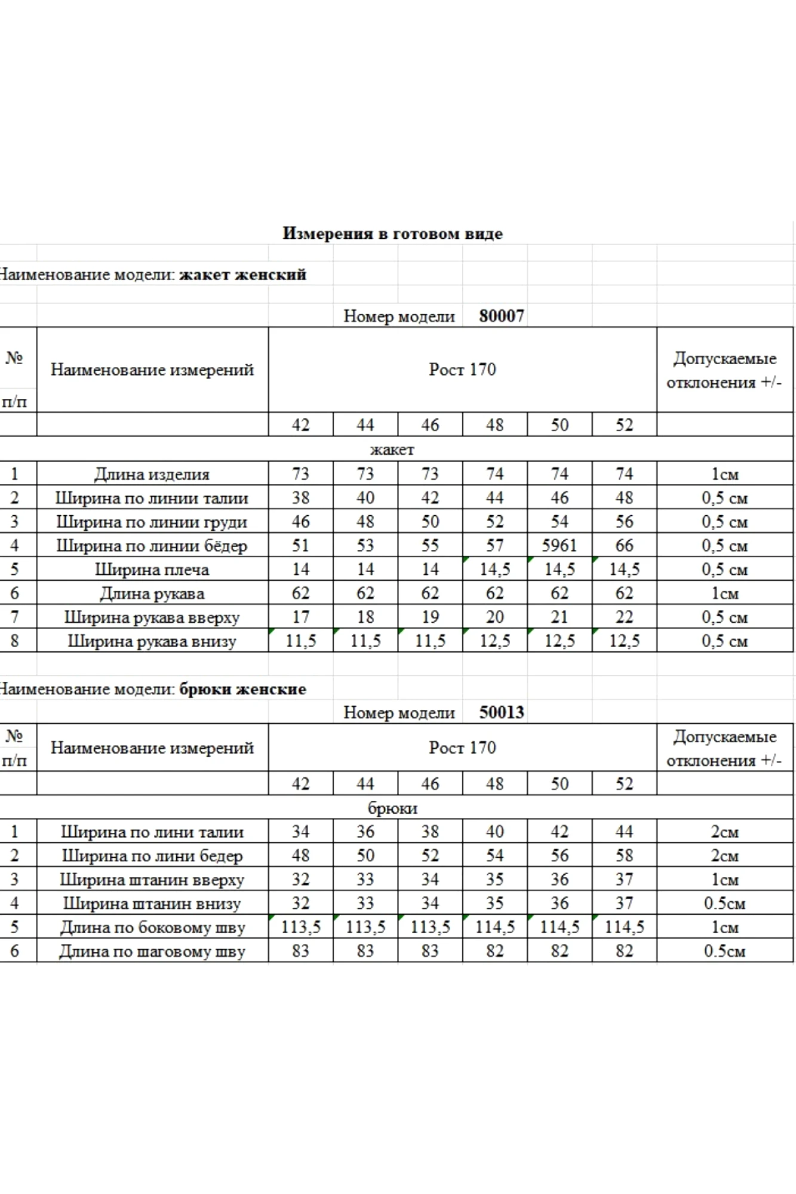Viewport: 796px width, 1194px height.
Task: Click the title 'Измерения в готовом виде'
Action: click(392, 233)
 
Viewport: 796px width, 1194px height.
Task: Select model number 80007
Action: click(502, 316)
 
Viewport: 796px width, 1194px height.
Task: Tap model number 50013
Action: click(502, 712)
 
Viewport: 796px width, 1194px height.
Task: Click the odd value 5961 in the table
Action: click(560, 546)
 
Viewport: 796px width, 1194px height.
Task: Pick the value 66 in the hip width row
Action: click(624, 546)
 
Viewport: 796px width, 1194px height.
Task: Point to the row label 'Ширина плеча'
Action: click(152, 570)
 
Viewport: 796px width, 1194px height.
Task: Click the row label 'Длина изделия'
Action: click(152, 474)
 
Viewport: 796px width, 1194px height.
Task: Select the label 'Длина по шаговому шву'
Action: click(152, 951)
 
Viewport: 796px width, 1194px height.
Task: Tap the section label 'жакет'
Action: click(392, 450)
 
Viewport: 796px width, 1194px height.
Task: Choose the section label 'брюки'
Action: click(392, 808)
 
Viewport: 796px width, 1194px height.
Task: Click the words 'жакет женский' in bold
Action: click(242, 275)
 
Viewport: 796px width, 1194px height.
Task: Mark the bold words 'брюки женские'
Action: click(242, 689)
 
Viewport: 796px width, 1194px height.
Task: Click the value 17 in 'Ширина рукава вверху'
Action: click(300, 617)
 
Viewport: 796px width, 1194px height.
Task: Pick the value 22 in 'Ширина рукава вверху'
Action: click(624, 617)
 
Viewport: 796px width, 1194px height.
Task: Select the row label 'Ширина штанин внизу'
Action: click(152, 903)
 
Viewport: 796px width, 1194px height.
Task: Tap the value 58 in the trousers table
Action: click(624, 856)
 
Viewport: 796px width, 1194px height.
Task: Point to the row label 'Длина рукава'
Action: click(152, 593)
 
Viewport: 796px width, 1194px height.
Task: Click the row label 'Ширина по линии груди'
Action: click(152, 522)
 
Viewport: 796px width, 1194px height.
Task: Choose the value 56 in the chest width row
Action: click(624, 522)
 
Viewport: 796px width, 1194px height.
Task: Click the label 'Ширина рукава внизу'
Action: click(152, 641)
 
